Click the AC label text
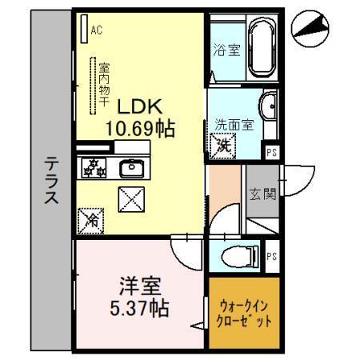coord(97,31)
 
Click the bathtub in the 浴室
coord(262,50)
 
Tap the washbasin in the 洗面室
coord(270,105)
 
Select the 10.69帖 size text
coord(142,127)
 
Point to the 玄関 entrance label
coord(262,194)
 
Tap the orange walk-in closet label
coord(244,312)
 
